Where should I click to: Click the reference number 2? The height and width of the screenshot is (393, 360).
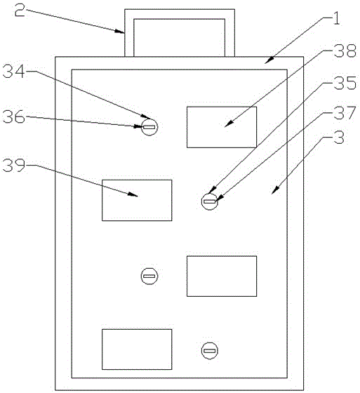pyautogui.click(x=20, y=11)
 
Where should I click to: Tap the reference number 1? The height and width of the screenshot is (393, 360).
pyautogui.click(x=336, y=18)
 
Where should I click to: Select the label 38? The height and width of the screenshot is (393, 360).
pyautogui.click(x=345, y=51)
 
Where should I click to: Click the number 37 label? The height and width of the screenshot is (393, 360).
pyautogui.click(x=345, y=112)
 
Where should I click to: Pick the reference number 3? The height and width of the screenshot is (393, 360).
pyautogui.click(x=339, y=137)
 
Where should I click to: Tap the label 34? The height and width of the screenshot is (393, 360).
pyautogui.click(x=14, y=71)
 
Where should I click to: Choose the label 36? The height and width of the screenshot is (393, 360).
pyautogui.click(x=14, y=116)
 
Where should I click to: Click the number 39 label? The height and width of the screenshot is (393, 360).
pyautogui.click(x=14, y=165)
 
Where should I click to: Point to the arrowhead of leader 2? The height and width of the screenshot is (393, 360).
pyautogui.click(x=122, y=32)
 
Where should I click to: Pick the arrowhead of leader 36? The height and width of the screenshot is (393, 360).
pyautogui.click(x=141, y=126)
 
